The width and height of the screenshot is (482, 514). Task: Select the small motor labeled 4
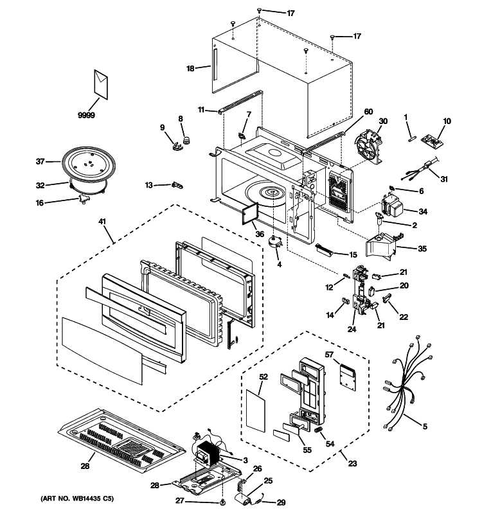(x=277, y=241)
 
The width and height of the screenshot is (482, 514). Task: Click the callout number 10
(x=447, y=121)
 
